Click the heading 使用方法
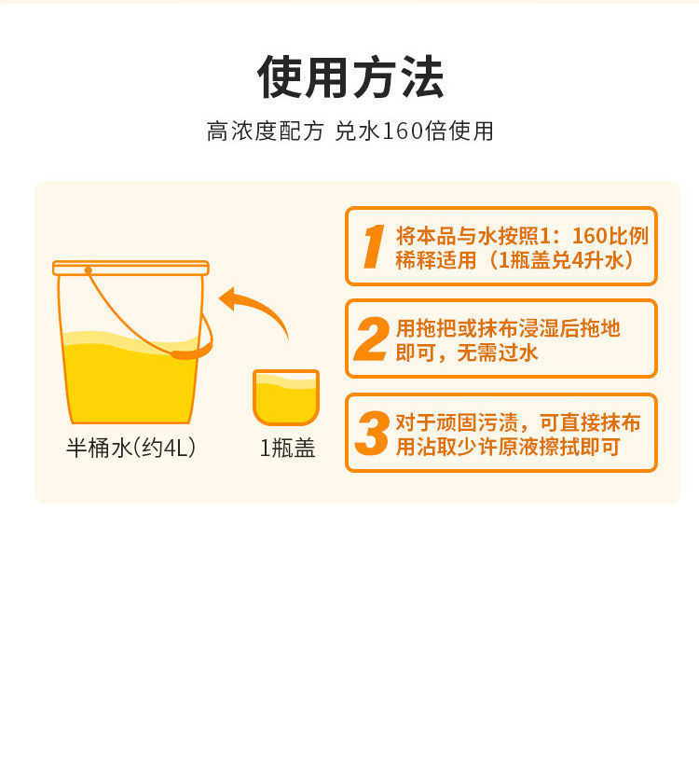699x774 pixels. pyautogui.click(x=350, y=77)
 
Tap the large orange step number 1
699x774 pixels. pyautogui.click(x=373, y=246)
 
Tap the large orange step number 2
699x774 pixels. pyautogui.click(x=371, y=339)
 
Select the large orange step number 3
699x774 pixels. pyautogui.click(x=372, y=434)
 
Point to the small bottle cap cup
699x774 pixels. pyautogui.click(x=286, y=397)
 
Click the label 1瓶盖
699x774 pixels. pyautogui.click(x=288, y=449)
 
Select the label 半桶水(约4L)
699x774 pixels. pyautogui.click(x=130, y=448)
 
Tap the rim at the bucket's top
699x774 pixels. pyautogui.click(x=130, y=268)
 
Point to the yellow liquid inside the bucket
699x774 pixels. pyautogui.click(x=130, y=380)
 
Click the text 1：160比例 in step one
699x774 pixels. pyautogui.click(x=594, y=236)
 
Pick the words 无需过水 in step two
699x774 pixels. pyautogui.click(x=498, y=352)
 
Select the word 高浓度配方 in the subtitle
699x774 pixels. pyautogui.click(x=266, y=131)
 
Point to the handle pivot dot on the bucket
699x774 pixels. pyautogui.click(x=89, y=270)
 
